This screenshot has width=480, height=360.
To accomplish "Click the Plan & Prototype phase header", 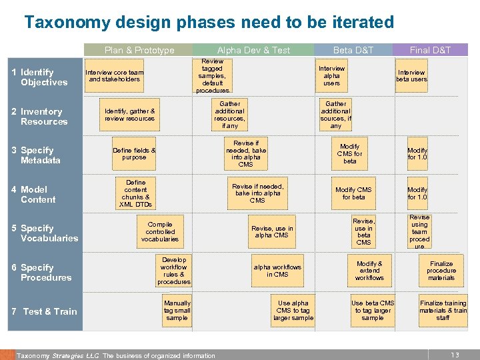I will click(139, 50).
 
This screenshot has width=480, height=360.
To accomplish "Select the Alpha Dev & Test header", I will click(253, 50).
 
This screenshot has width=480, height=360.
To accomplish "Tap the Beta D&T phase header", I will click(353, 50).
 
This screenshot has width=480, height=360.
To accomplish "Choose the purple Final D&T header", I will click(430, 50).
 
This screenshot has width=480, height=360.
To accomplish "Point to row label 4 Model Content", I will click(38, 195).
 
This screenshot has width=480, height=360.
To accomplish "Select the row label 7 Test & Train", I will click(45, 311).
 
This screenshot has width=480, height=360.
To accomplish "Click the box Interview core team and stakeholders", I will click(116, 76).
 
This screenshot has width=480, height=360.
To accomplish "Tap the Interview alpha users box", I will click(331, 76).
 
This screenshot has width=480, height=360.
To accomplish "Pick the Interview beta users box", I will click(411, 76).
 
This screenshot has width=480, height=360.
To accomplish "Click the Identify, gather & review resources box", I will click(129, 115).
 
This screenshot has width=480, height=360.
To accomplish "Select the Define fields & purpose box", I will click(134, 154).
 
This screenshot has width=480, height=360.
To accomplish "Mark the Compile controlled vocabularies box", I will click(159, 232).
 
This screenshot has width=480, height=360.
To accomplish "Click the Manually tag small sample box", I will click(177, 310).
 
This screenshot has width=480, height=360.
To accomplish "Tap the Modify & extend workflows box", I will click(369, 270).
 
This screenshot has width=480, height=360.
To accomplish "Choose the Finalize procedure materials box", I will click(441, 271).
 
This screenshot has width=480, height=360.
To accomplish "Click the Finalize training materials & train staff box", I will click(443, 310).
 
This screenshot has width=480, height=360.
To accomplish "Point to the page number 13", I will click(455, 355).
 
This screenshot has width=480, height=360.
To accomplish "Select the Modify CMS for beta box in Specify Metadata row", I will click(350, 154).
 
